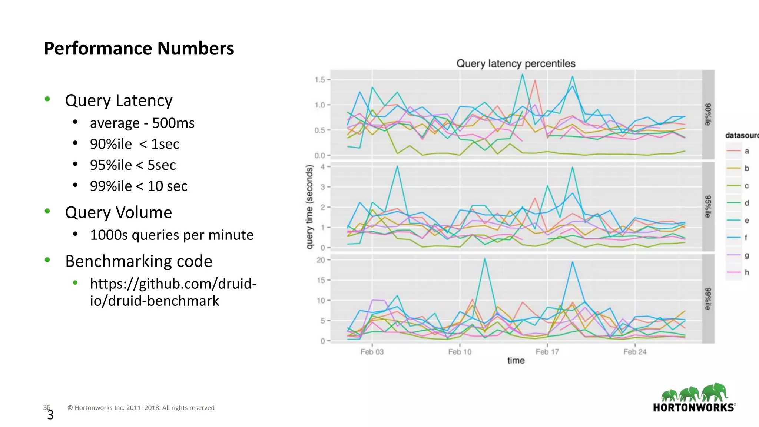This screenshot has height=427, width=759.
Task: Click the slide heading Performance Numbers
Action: (139, 49)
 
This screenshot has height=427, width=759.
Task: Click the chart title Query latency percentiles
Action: (516, 64)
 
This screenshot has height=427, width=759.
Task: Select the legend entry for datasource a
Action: (738, 151)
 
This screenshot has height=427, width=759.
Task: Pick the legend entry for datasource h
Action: (738, 272)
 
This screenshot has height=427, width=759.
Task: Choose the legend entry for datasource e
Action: (738, 221)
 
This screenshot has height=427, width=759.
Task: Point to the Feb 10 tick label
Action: (460, 352)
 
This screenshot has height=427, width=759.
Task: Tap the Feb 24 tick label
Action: (634, 352)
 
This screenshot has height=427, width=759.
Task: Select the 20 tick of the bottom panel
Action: (321, 260)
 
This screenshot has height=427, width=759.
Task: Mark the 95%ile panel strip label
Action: (708, 206)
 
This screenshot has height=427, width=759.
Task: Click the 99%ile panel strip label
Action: (708, 299)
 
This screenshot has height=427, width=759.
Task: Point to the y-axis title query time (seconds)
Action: (309, 207)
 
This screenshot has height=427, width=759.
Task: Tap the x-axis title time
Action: (516, 361)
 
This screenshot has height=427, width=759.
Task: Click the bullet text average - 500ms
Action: (142, 123)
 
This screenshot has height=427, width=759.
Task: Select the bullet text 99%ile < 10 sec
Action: (139, 186)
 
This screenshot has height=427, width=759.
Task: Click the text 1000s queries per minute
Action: (172, 235)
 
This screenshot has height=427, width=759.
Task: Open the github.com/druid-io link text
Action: (173, 292)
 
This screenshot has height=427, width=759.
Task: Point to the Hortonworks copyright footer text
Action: (141, 408)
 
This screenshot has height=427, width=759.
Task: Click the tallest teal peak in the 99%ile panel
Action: (485, 258)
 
